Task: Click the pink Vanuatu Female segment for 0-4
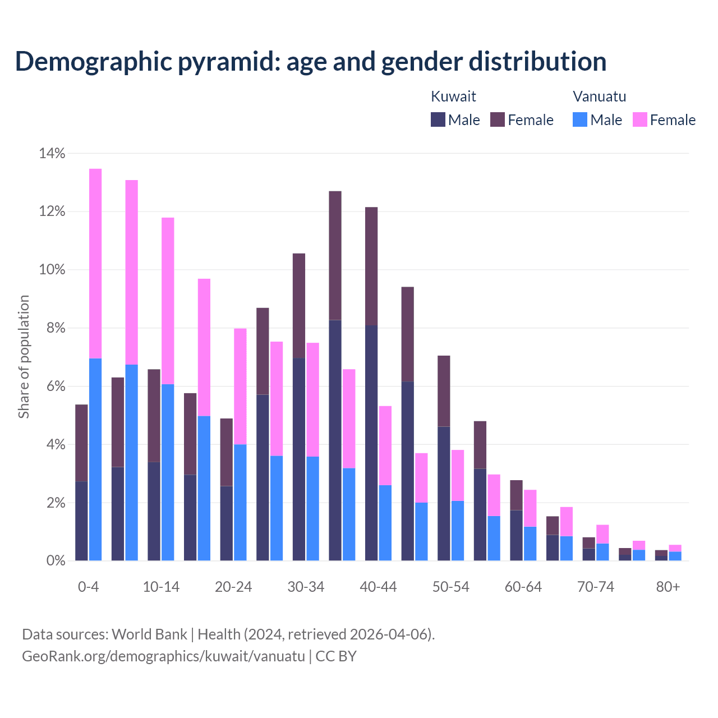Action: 95,264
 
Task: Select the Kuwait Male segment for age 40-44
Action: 371,443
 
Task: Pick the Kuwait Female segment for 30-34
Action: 299,306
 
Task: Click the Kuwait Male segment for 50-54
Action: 444,494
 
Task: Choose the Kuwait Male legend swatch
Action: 438,119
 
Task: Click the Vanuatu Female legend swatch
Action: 640,119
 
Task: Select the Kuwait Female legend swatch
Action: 498,119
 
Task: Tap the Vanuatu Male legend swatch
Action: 580,119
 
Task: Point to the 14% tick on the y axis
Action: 52,153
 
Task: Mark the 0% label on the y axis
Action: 55,560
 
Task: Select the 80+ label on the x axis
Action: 668,587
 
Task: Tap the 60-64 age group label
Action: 523,587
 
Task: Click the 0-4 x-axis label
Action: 89,587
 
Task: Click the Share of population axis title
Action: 24,357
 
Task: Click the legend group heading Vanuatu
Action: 599,96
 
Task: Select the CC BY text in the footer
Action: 336,656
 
